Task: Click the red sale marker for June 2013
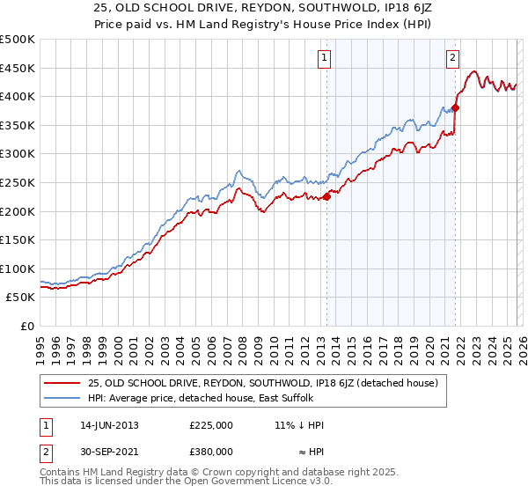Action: click(x=326, y=196)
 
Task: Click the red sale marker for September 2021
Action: click(x=455, y=108)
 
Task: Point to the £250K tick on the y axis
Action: click(x=18, y=182)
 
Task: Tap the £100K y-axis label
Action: click(x=18, y=269)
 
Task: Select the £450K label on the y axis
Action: click(x=18, y=68)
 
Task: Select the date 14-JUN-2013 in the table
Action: click(x=107, y=425)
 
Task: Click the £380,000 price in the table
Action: click(x=210, y=451)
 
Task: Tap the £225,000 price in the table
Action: click(x=210, y=425)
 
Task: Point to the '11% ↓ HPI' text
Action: click(x=299, y=425)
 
